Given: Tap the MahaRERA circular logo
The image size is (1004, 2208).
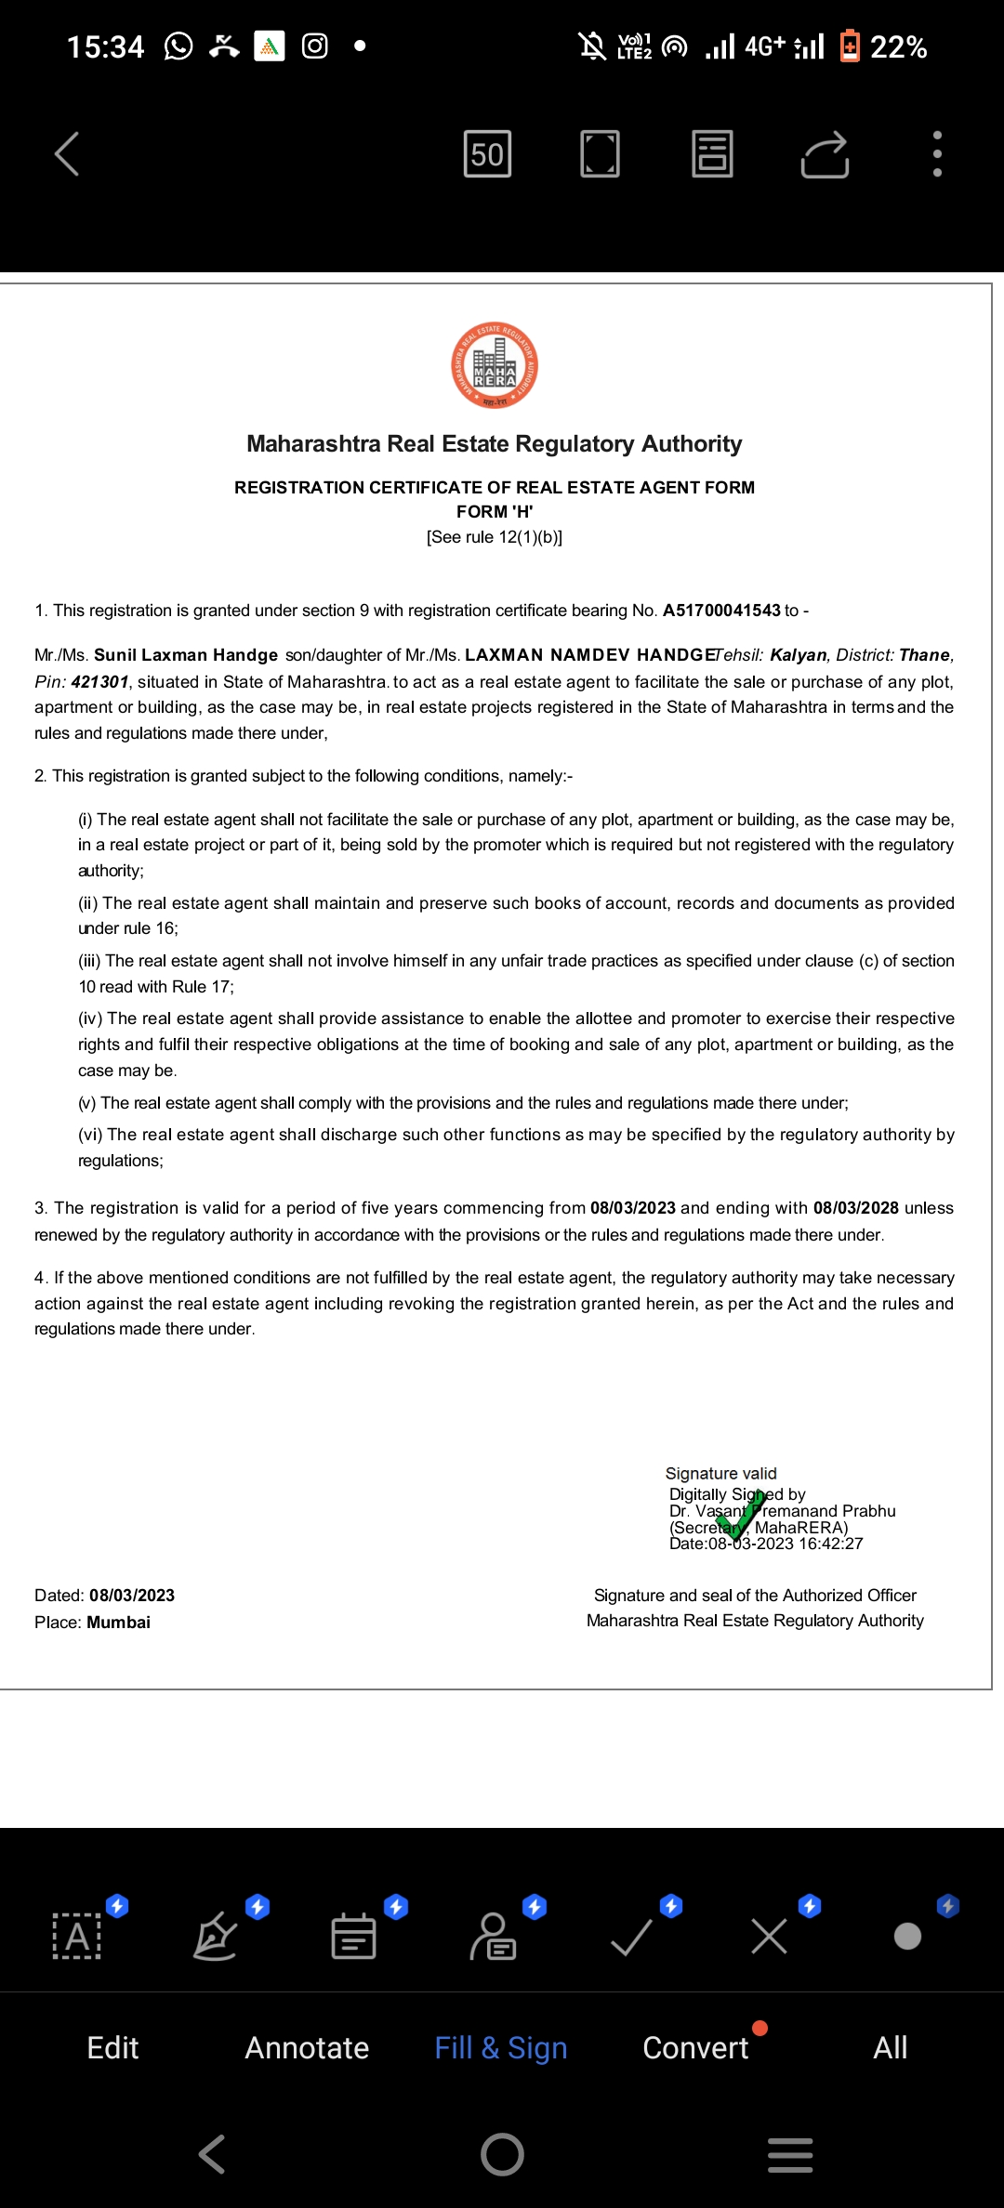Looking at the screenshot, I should [x=495, y=365].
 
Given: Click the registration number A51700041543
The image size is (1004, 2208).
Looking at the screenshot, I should [x=721, y=611].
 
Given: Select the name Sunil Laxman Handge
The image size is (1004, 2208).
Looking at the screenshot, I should [x=186, y=655].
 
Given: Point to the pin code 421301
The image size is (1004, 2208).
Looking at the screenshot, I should [x=100, y=681].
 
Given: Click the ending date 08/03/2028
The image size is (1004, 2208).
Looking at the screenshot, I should [x=855, y=1208].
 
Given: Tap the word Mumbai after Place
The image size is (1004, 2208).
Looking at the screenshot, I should [x=118, y=1623].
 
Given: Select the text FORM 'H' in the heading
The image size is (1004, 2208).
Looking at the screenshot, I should [x=495, y=512].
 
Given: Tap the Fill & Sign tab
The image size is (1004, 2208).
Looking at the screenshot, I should [x=501, y=2047].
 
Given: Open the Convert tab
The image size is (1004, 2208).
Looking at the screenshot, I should [x=695, y=2047].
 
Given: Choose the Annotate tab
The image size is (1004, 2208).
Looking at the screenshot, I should [x=307, y=2047].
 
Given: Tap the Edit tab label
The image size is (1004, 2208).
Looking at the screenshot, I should [x=112, y=2047].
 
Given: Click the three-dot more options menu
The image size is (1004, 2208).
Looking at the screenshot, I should [x=937, y=153].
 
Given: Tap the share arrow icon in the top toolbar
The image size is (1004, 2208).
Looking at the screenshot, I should [x=825, y=153].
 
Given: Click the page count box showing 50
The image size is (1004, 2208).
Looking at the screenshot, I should [x=487, y=153].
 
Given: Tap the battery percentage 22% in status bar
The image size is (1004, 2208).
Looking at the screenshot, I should [x=898, y=46].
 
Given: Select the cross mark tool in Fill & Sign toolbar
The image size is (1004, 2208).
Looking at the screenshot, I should [x=769, y=1938].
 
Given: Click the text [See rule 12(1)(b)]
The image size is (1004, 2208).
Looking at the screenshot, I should [x=495, y=537].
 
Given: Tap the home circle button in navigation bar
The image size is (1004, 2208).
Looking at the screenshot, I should [x=502, y=2154].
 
